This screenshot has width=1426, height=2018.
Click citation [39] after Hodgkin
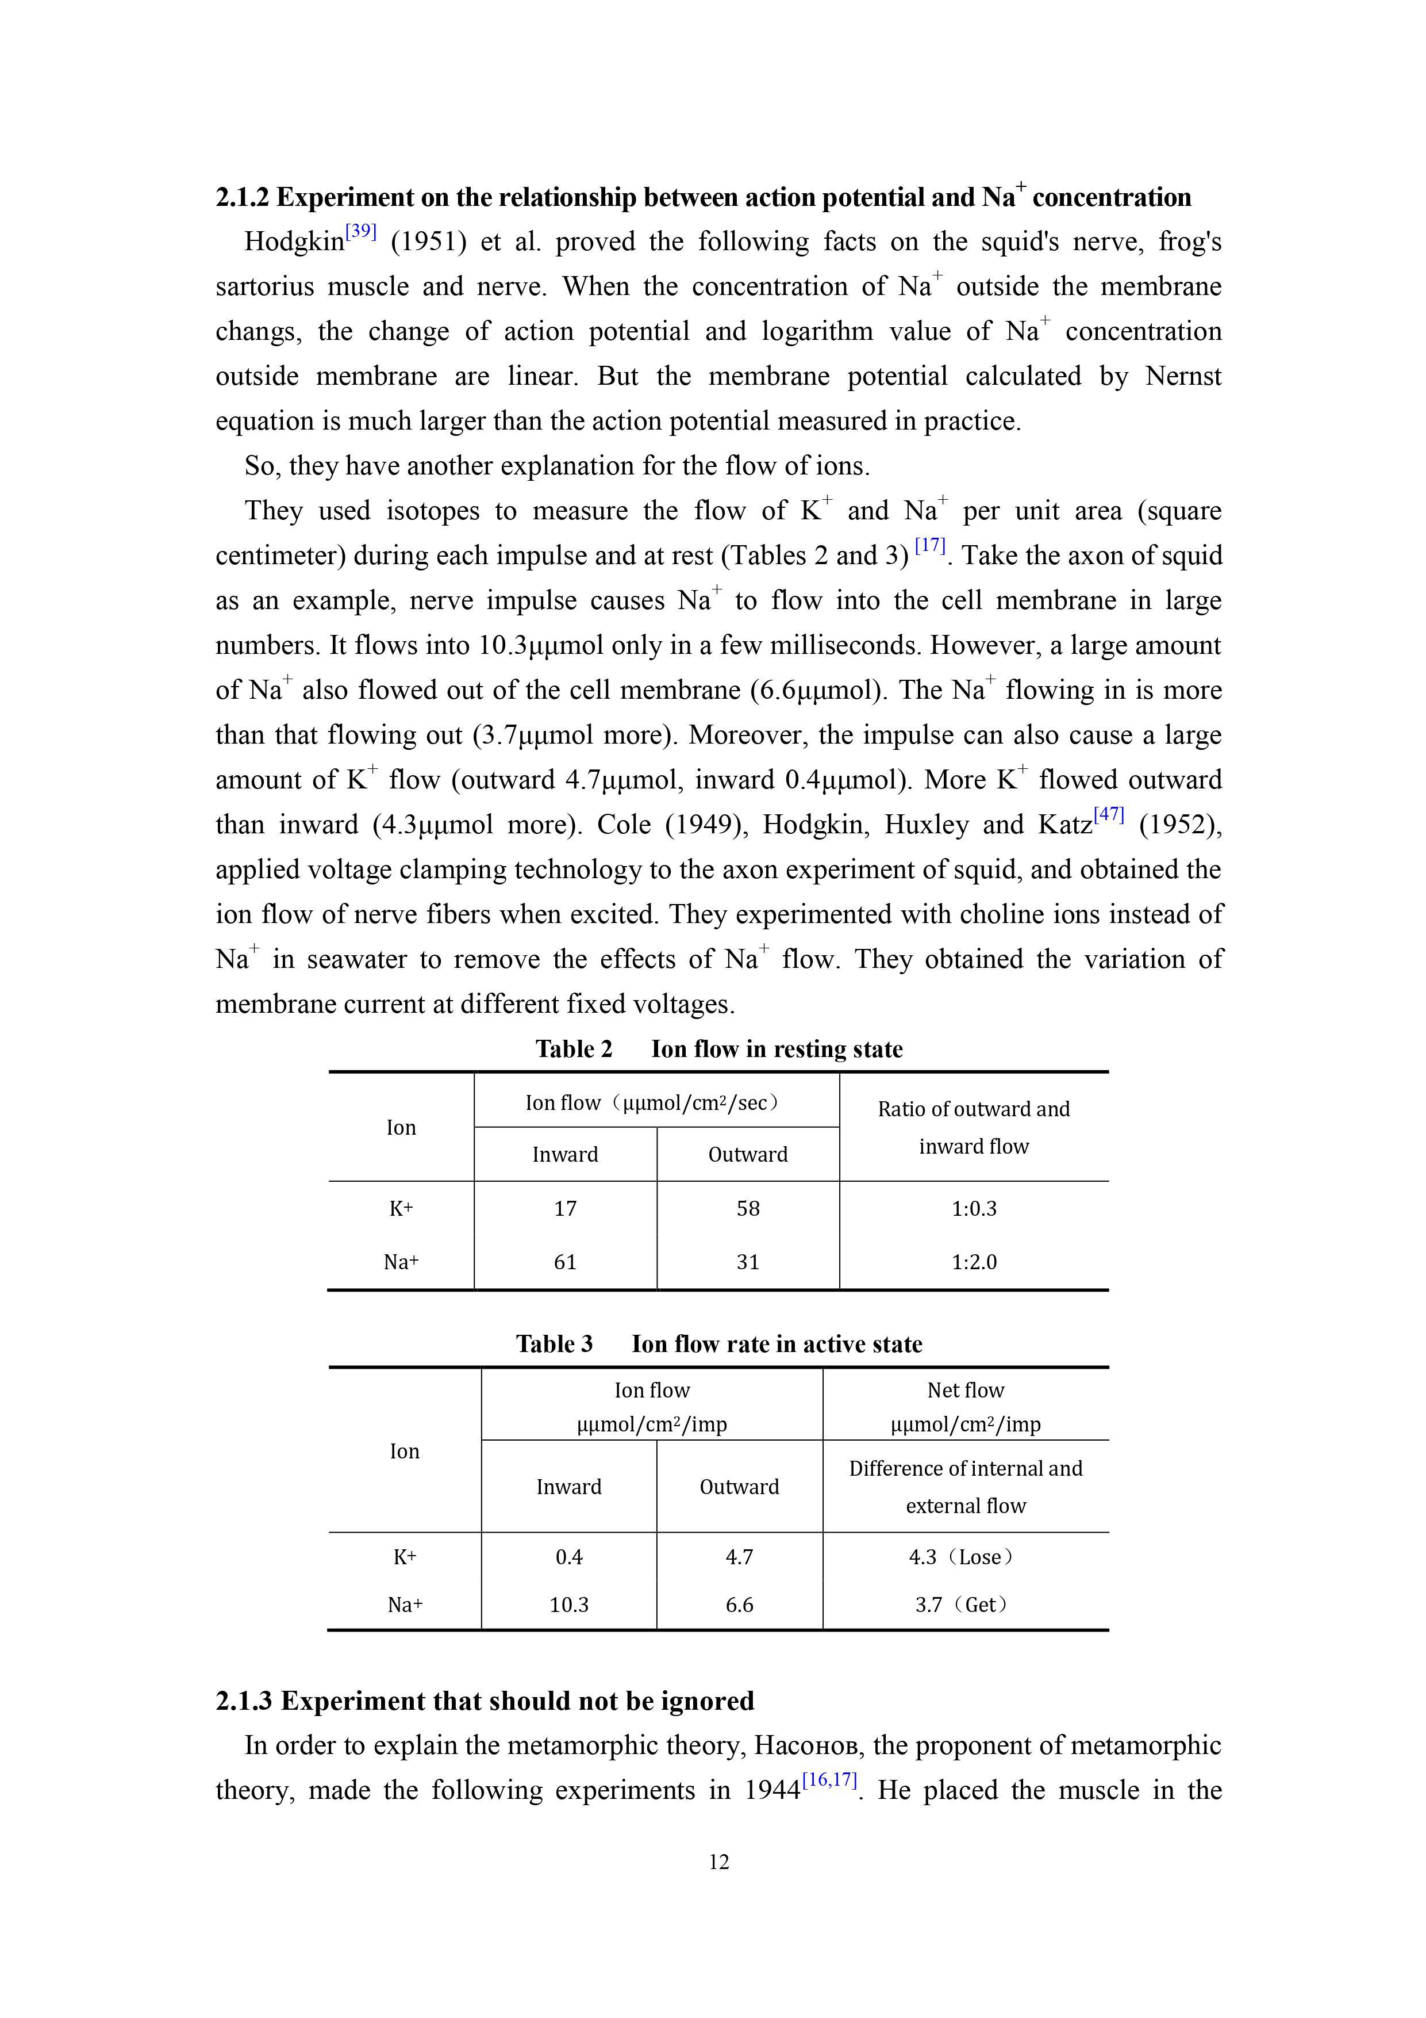(x=360, y=232)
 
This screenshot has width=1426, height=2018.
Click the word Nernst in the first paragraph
(x=1183, y=376)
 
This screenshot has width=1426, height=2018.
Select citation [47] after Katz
(x=1109, y=815)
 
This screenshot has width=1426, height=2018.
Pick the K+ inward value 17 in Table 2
(x=565, y=1208)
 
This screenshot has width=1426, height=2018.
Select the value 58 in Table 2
(x=748, y=1208)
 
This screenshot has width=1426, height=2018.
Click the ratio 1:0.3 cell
(x=974, y=1208)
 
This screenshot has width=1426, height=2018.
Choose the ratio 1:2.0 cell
(x=974, y=1262)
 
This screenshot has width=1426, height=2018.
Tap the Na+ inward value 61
(x=565, y=1262)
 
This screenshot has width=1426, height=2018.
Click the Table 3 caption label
(x=554, y=1344)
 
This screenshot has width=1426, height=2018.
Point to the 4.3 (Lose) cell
(x=964, y=1557)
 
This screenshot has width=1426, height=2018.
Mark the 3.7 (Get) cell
(x=964, y=1605)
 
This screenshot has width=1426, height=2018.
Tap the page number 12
(x=718, y=1862)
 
